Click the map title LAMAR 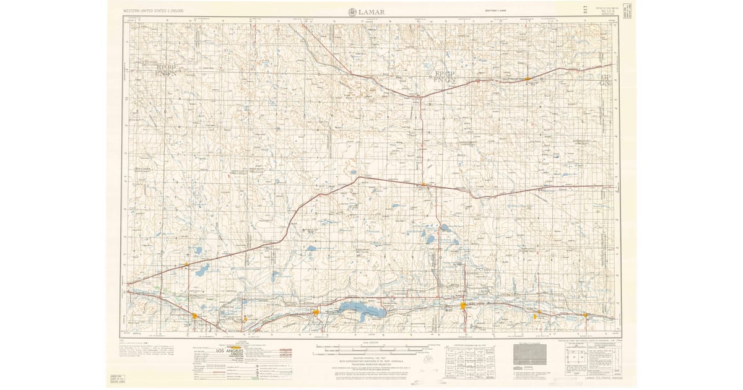(x=371, y=11)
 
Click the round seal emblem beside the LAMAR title (x=352, y=11)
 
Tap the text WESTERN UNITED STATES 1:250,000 (x=157, y=11)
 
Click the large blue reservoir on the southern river (x=362, y=309)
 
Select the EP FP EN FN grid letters (x=167, y=69)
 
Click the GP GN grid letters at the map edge (x=605, y=79)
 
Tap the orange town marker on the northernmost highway (x=526, y=79)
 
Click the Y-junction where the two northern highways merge (x=420, y=97)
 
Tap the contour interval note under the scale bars (x=371, y=360)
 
